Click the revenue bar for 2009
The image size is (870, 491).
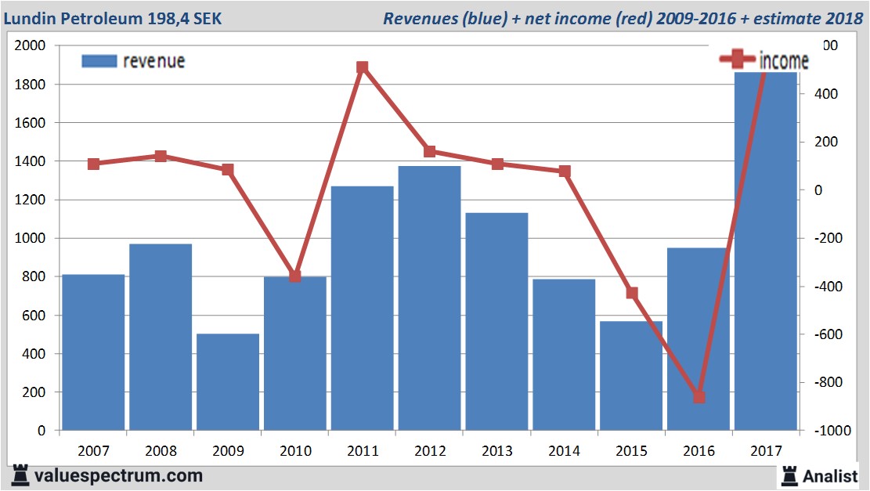[x=228, y=382]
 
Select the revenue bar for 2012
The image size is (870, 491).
[x=429, y=298]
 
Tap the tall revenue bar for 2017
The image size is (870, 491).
[x=765, y=251]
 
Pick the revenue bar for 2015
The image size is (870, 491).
[x=631, y=376]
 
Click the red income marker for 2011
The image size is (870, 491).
[x=362, y=67]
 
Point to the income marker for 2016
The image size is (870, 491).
[x=699, y=397]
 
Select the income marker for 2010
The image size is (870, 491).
[x=295, y=276]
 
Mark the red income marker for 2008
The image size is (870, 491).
[x=161, y=157]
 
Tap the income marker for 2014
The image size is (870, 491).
[x=565, y=171]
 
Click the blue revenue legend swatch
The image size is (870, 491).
[x=99, y=61]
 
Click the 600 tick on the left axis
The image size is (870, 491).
[x=37, y=316]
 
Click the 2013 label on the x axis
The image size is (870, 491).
[x=498, y=452]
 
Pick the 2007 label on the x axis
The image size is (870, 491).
[x=94, y=452]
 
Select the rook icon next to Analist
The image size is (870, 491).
[x=789, y=475]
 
